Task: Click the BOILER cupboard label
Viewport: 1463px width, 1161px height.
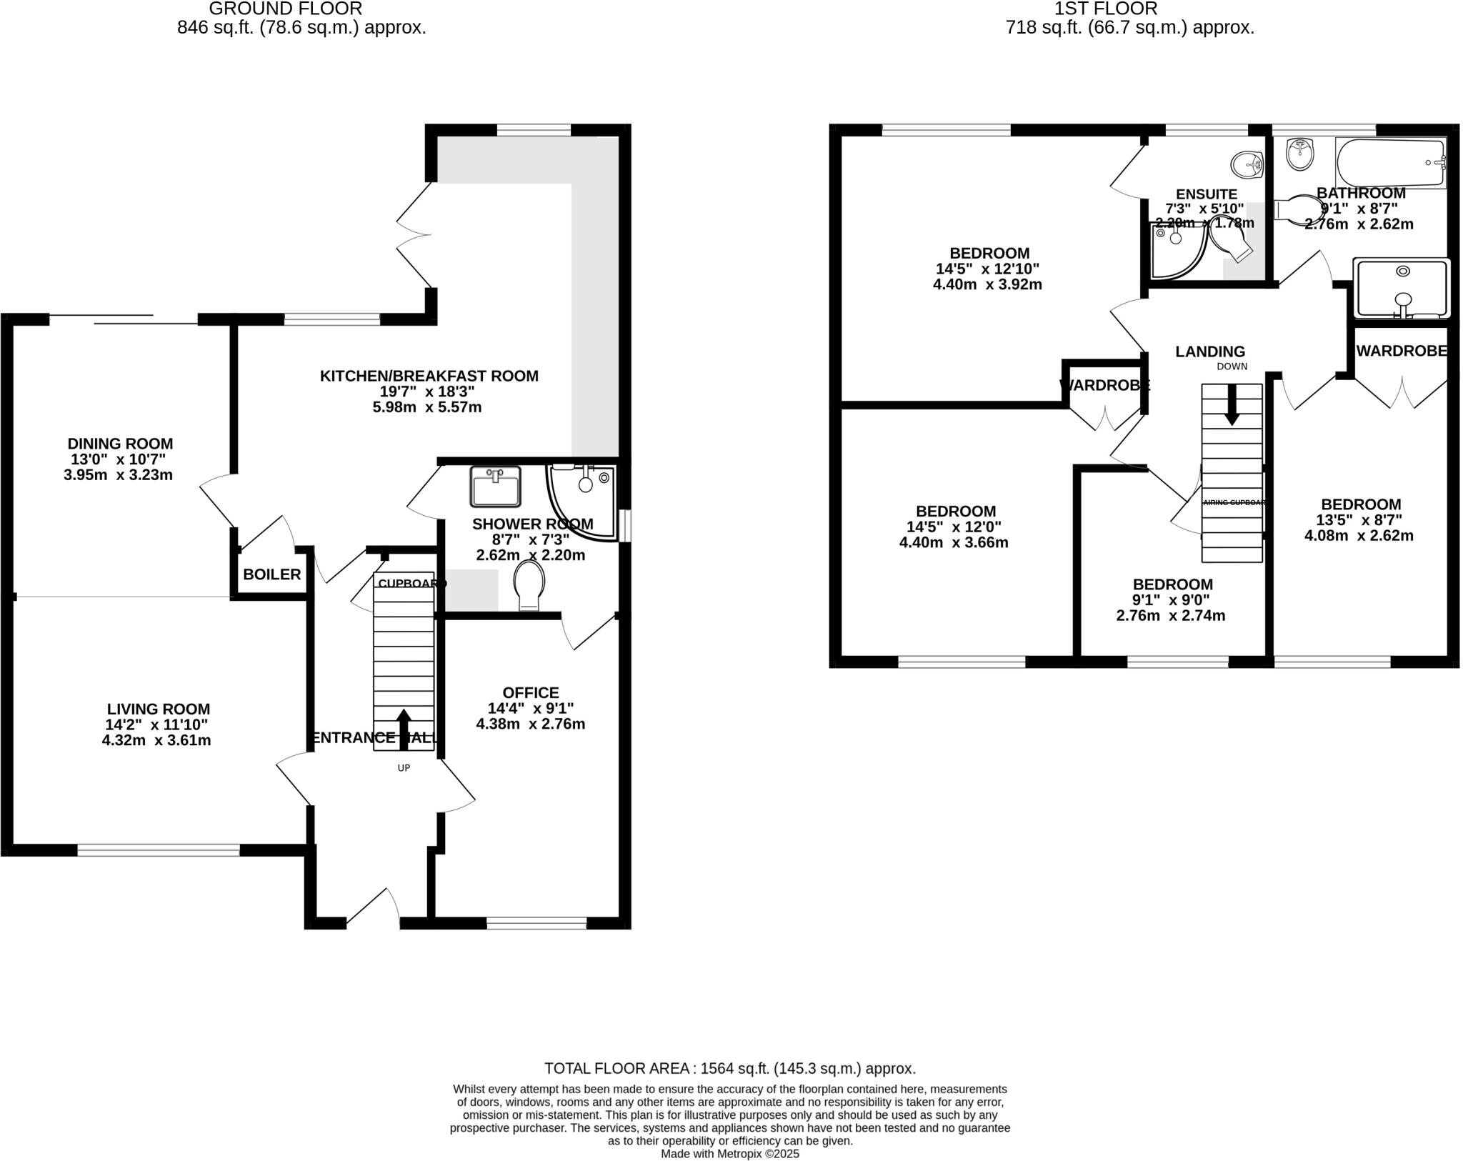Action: tap(271, 574)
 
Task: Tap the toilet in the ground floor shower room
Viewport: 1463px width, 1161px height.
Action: tap(529, 584)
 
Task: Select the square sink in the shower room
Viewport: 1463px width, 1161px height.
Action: tap(496, 487)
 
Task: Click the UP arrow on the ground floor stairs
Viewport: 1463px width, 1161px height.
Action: tap(404, 729)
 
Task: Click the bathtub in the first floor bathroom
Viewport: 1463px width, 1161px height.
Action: tap(1390, 164)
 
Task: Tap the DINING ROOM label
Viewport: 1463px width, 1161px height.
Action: tap(120, 444)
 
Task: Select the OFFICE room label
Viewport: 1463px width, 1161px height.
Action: tap(530, 692)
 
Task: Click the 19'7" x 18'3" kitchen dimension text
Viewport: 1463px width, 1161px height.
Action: tap(427, 392)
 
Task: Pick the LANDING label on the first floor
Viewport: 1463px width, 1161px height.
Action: tap(1210, 352)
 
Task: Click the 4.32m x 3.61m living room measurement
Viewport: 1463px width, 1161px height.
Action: tap(156, 740)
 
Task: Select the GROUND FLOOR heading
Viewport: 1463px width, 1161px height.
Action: tap(285, 9)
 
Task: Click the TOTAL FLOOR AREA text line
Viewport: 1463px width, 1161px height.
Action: tap(729, 1068)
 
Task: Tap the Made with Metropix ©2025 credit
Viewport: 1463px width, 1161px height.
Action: tap(729, 1153)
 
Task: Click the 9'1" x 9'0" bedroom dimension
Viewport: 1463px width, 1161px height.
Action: tap(1172, 600)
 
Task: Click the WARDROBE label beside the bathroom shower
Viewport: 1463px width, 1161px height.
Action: tap(1401, 351)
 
